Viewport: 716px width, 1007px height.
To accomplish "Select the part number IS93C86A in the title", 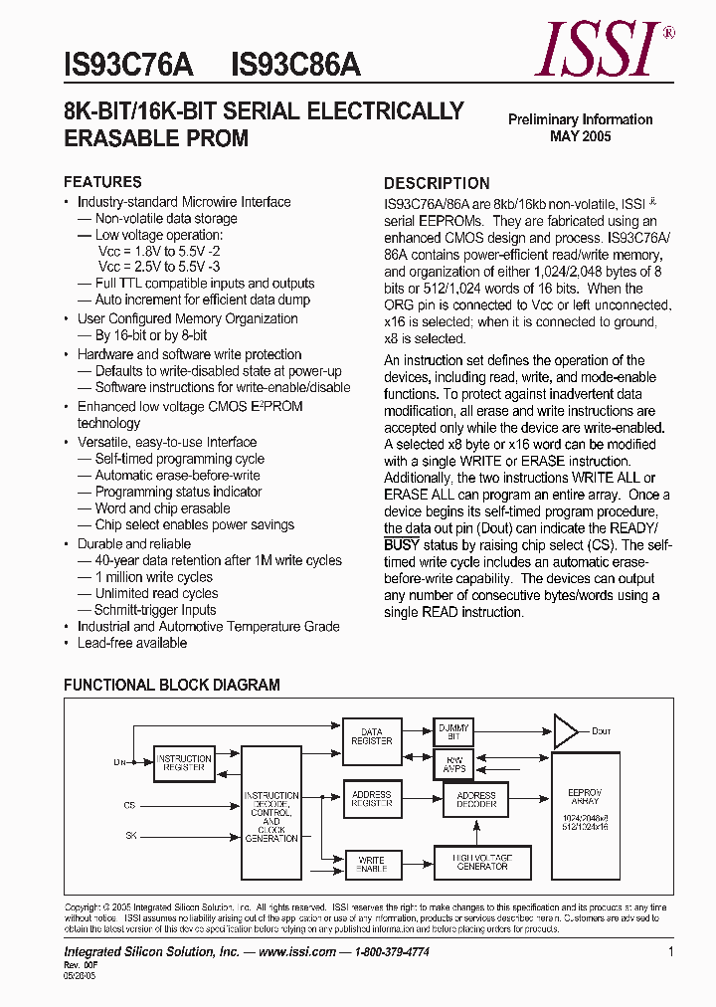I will pyautogui.click(x=295, y=65).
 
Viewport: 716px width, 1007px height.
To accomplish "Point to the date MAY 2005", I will pyautogui.click(x=581, y=136).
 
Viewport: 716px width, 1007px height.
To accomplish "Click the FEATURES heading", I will pyautogui.click(x=102, y=182).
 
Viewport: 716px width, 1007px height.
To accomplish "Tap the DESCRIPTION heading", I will pyautogui.click(x=437, y=183).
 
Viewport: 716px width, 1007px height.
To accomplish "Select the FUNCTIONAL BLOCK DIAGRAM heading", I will pyautogui.click(x=172, y=685).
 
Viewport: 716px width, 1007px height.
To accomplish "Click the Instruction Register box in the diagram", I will pyautogui.click(x=184, y=763).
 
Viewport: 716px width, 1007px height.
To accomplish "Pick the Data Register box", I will pyautogui.click(x=371, y=735).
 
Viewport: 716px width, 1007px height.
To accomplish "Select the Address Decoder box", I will pyautogui.click(x=475, y=800).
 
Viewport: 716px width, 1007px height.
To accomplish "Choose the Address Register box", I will pyautogui.click(x=371, y=799).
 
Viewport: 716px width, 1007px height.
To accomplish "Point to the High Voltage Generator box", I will pyautogui.click(x=482, y=862).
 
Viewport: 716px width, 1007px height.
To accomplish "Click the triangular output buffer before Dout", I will pyautogui.click(x=564, y=731).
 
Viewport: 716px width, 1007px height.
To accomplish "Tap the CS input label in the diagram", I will pyautogui.click(x=129, y=805).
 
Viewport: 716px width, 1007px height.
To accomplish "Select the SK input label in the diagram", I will pyautogui.click(x=129, y=835).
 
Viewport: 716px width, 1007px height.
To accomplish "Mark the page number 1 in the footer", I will pyautogui.click(x=670, y=952).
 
